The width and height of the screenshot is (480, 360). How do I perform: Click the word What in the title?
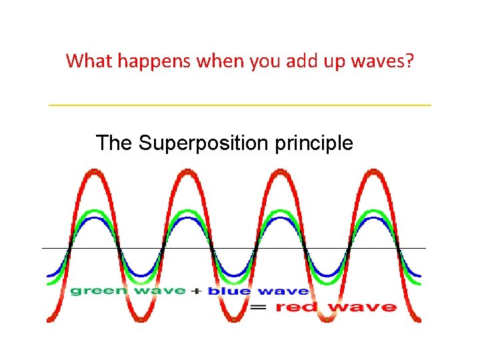click(x=90, y=61)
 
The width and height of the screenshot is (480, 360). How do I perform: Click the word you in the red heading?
click(x=264, y=61)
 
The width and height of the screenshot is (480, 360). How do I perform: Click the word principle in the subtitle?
click(x=314, y=143)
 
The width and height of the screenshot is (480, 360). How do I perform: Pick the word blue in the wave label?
click(x=230, y=291)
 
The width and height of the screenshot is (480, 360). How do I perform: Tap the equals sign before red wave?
click(x=259, y=307)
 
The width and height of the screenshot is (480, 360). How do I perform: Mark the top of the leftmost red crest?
click(x=94, y=172)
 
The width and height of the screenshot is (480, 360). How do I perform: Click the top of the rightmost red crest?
click(x=373, y=172)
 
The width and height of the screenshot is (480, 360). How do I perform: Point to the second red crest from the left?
click(x=187, y=172)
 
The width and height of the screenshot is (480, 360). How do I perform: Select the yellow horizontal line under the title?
click(x=240, y=105)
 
